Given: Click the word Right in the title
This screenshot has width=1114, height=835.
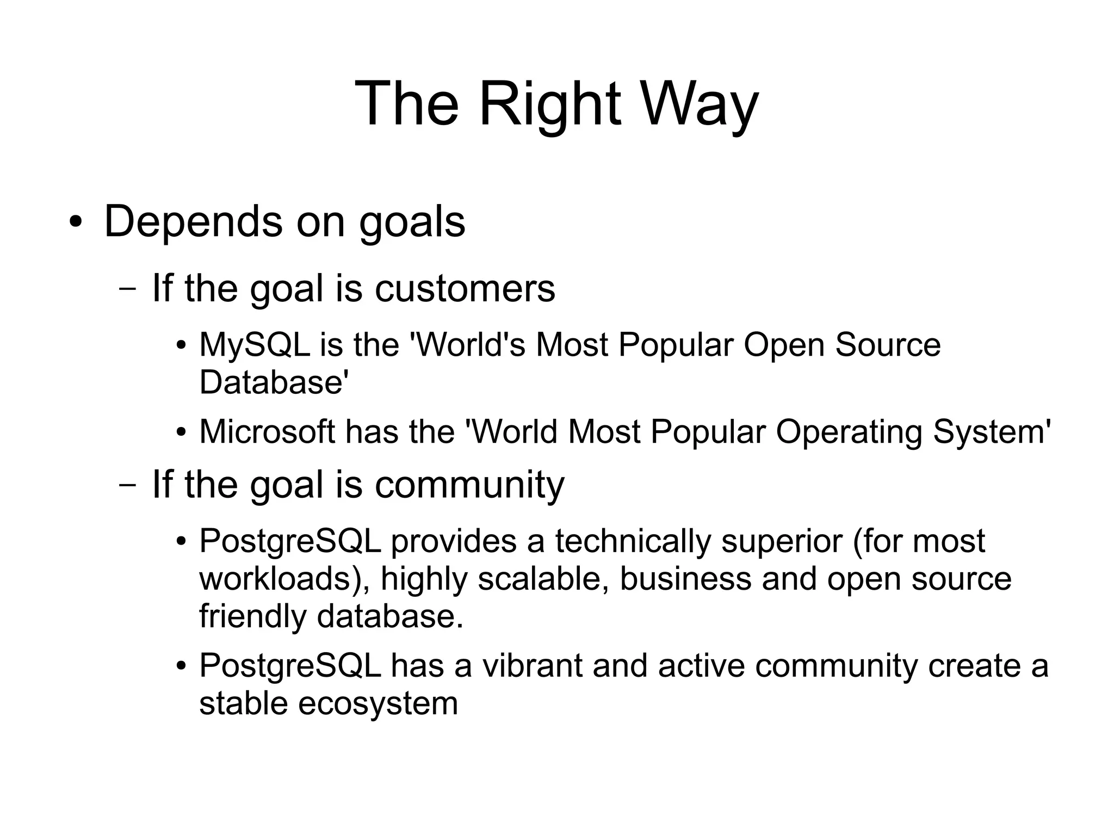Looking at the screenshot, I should tap(549, 103).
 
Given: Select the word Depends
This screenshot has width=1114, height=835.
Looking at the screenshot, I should tap(193, 221).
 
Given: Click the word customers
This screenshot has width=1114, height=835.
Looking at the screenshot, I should tap(465, 288).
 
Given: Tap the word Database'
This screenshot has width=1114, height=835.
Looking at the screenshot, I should tap(274, 382).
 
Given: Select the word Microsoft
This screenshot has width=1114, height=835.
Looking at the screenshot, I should tap(267, 432).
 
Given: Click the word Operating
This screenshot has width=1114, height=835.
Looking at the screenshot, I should tap(849, 432).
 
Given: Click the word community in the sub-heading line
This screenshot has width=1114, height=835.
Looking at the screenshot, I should tap(469, 485).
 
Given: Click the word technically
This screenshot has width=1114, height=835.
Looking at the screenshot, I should tap(633, 541).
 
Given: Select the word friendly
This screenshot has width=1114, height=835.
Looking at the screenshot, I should tap(253, 616).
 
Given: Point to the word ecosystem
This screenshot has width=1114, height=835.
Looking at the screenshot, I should tap(378, 703).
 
